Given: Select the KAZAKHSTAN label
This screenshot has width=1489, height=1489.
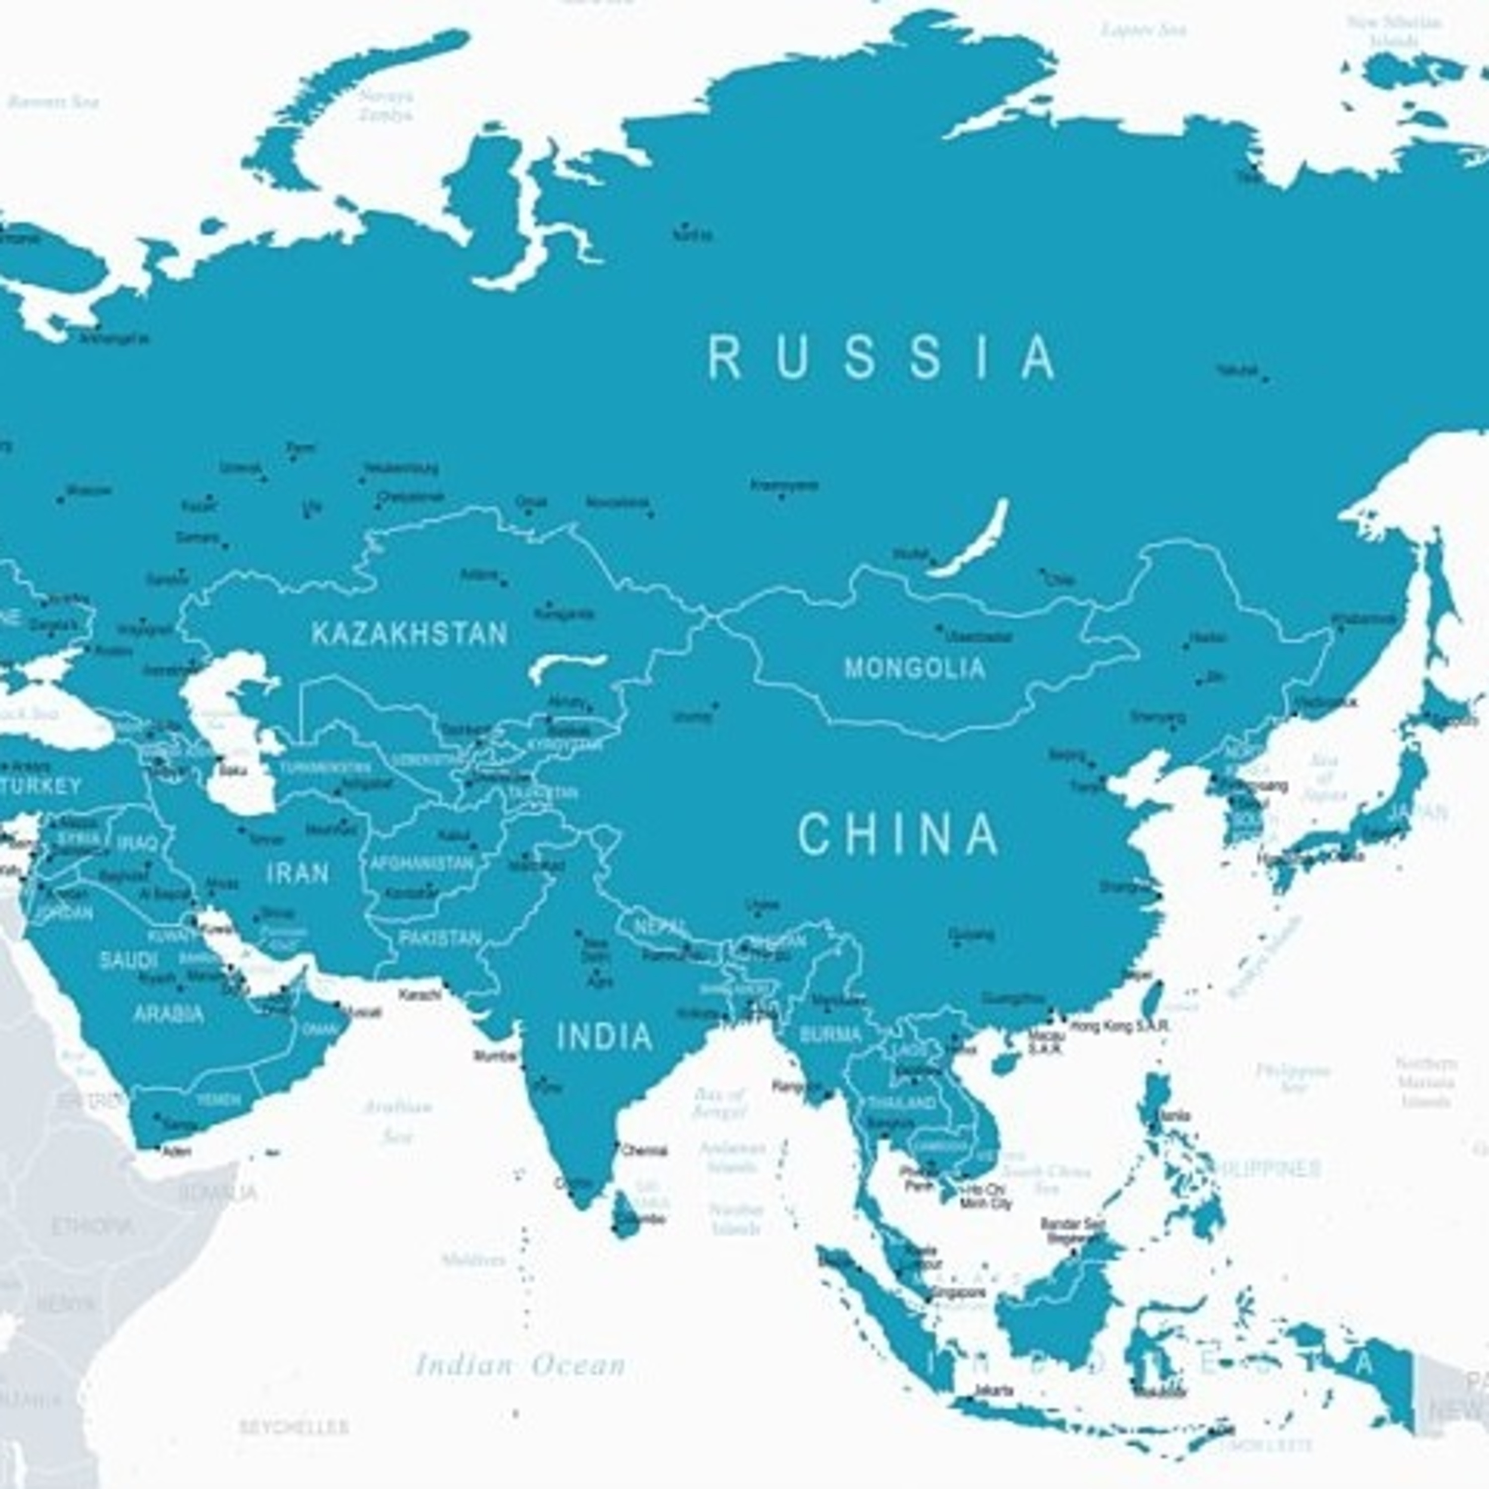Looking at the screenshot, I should pyautogui.click(x=409, y=634).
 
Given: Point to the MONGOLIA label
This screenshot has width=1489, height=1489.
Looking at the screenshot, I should pyautogui.click(x=915, y=668).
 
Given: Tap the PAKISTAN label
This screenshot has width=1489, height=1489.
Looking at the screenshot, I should pyautogui.click(x=439, y=939).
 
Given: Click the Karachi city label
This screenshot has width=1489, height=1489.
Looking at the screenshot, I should pyautogui.click(x=420, y=995).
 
